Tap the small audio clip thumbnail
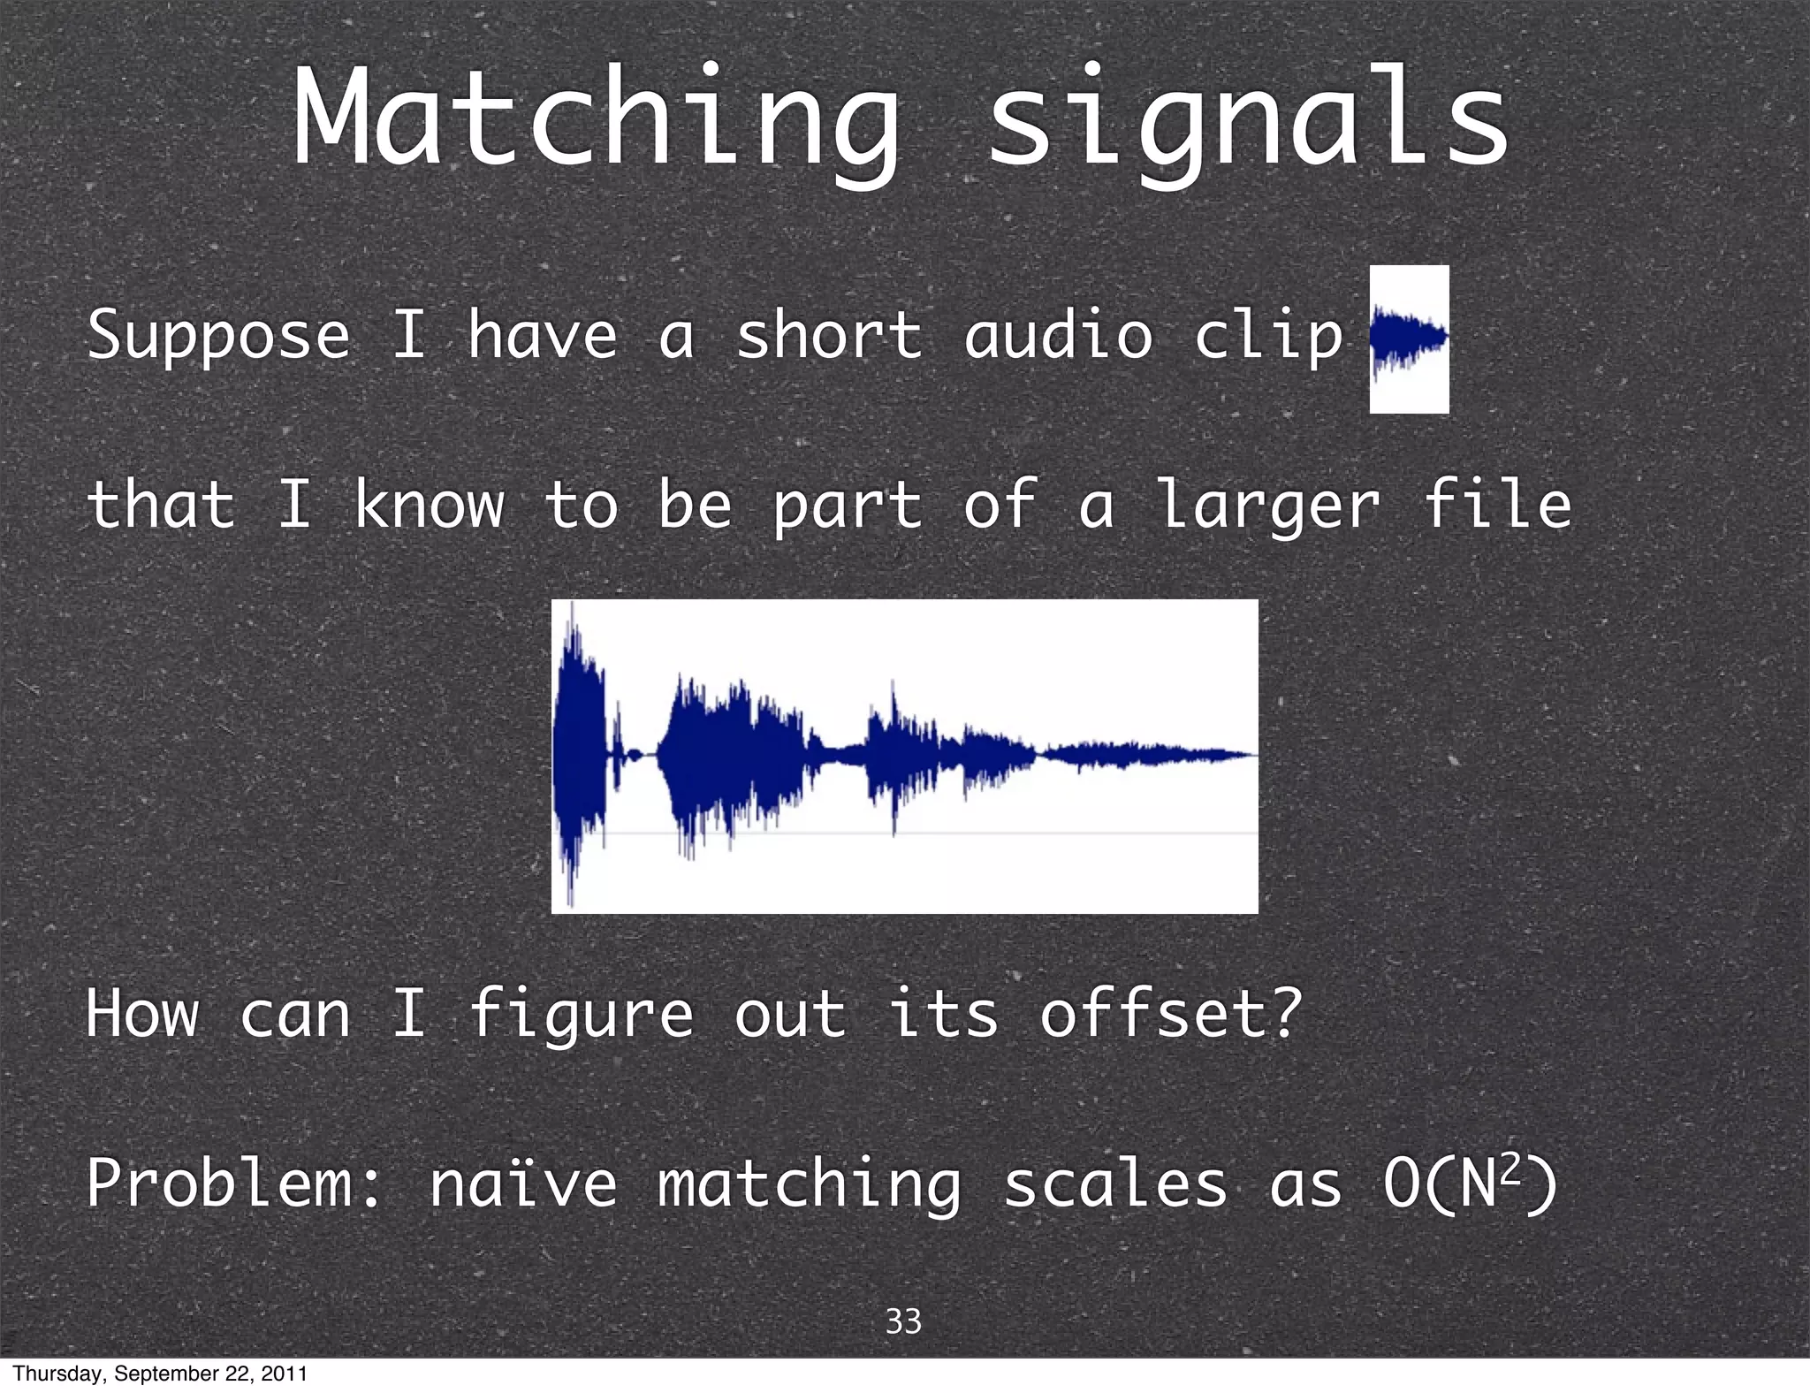coord(1409,339)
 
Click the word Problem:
coord(234,1184)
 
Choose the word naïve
coord(522,1184)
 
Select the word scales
coord(1115,1184)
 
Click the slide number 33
coord(903,1321)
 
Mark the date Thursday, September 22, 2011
coord(160,1374)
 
